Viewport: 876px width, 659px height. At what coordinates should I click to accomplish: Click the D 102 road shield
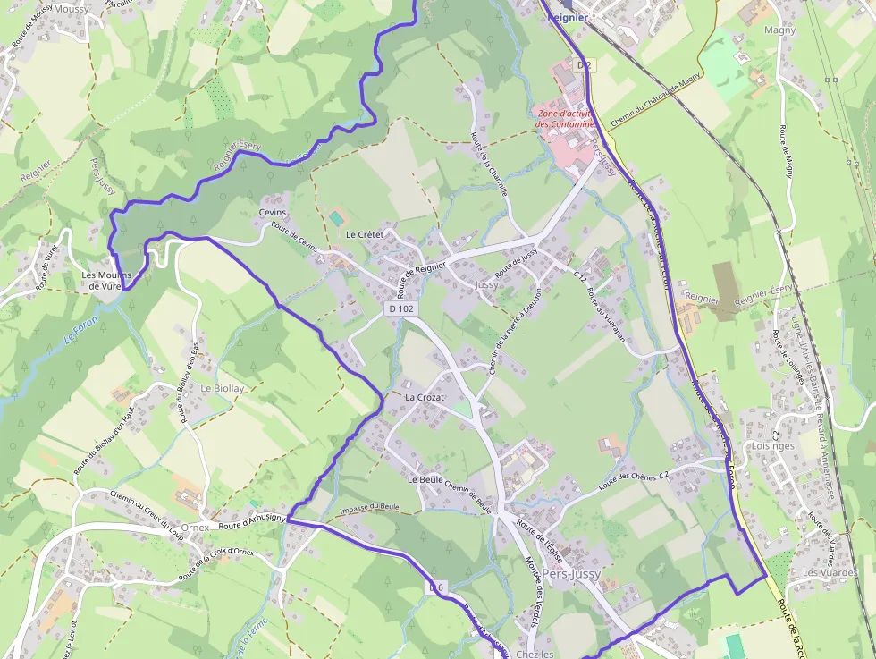pos(401,308)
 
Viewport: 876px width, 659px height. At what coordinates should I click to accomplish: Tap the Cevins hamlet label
pos(272,213)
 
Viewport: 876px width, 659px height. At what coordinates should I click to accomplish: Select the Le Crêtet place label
pos(364,234)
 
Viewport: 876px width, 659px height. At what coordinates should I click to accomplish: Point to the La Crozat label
pos(425,396)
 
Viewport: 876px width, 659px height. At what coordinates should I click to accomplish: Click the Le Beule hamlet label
pos(425,480)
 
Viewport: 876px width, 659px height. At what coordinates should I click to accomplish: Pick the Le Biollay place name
pos(223,389)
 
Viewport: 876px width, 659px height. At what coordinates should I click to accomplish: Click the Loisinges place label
pos(773,445)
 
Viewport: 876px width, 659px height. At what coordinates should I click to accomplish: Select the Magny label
pos(779,30)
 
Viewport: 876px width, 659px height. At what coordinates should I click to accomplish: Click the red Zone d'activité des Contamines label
pos(566,119)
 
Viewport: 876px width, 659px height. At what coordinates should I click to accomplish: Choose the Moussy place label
pos(71,9)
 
